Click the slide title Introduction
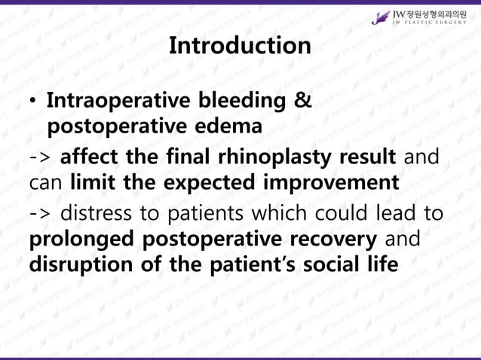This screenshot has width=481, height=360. pos(240,45)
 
